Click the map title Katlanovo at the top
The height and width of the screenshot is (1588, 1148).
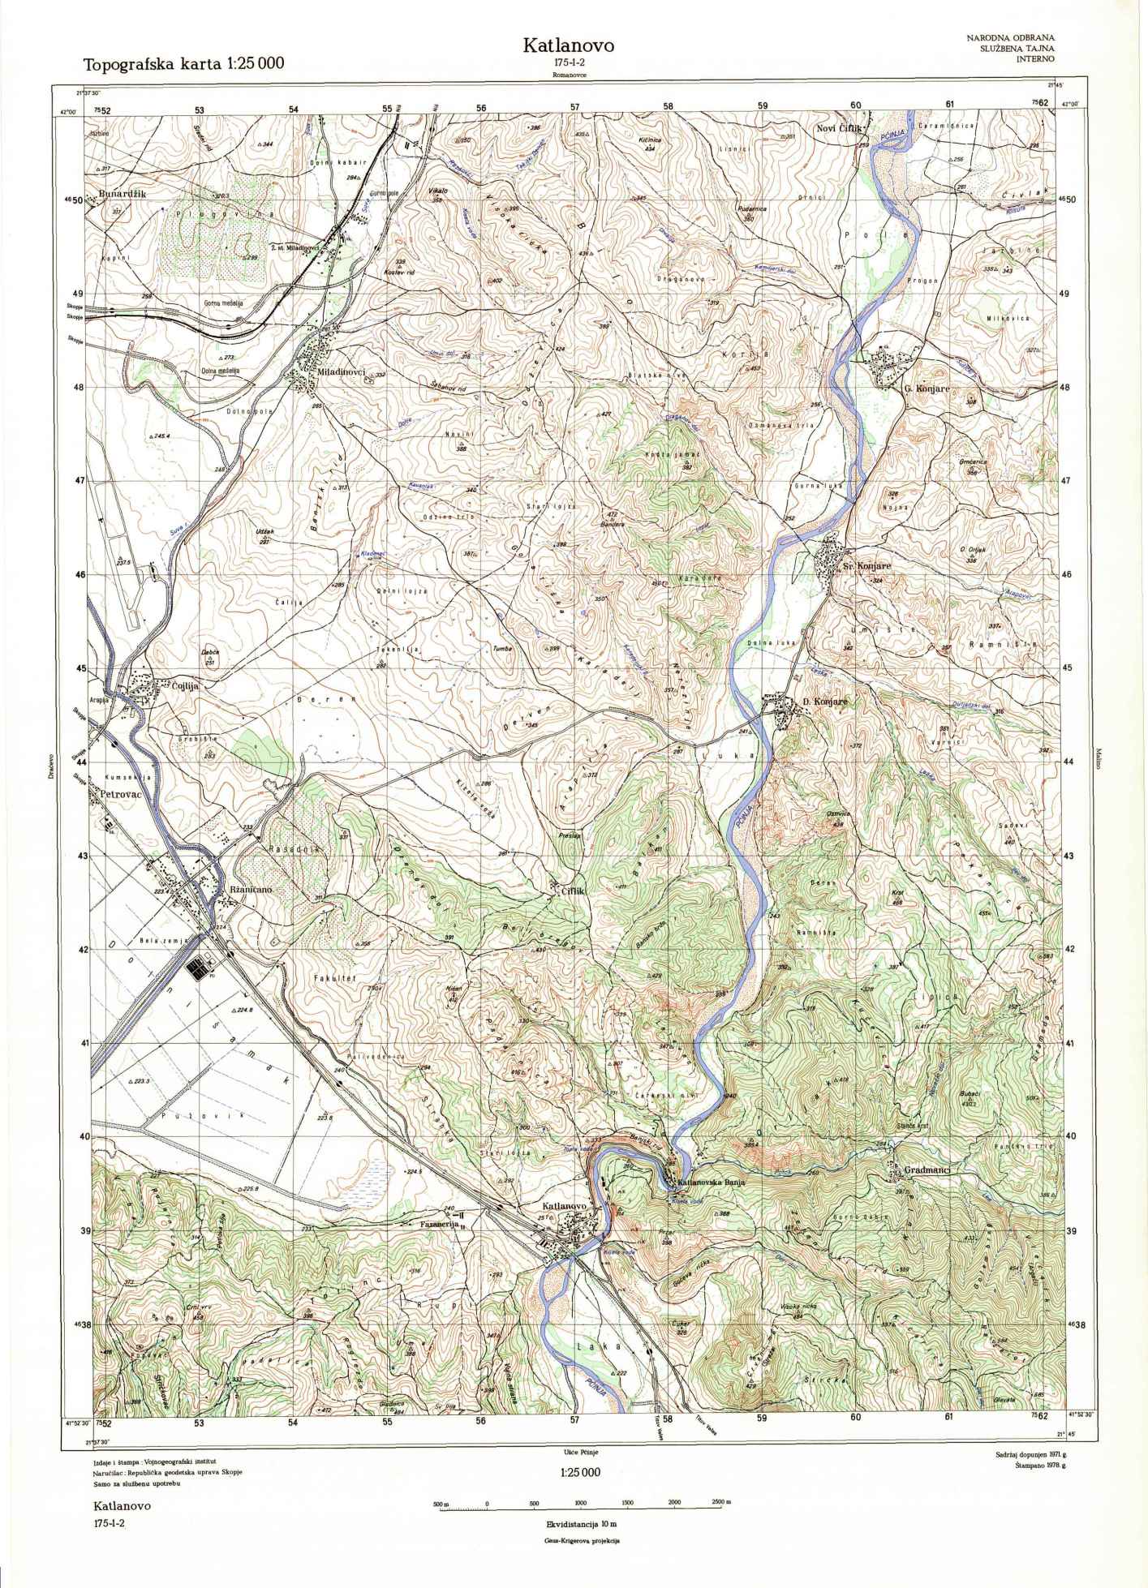568,45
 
